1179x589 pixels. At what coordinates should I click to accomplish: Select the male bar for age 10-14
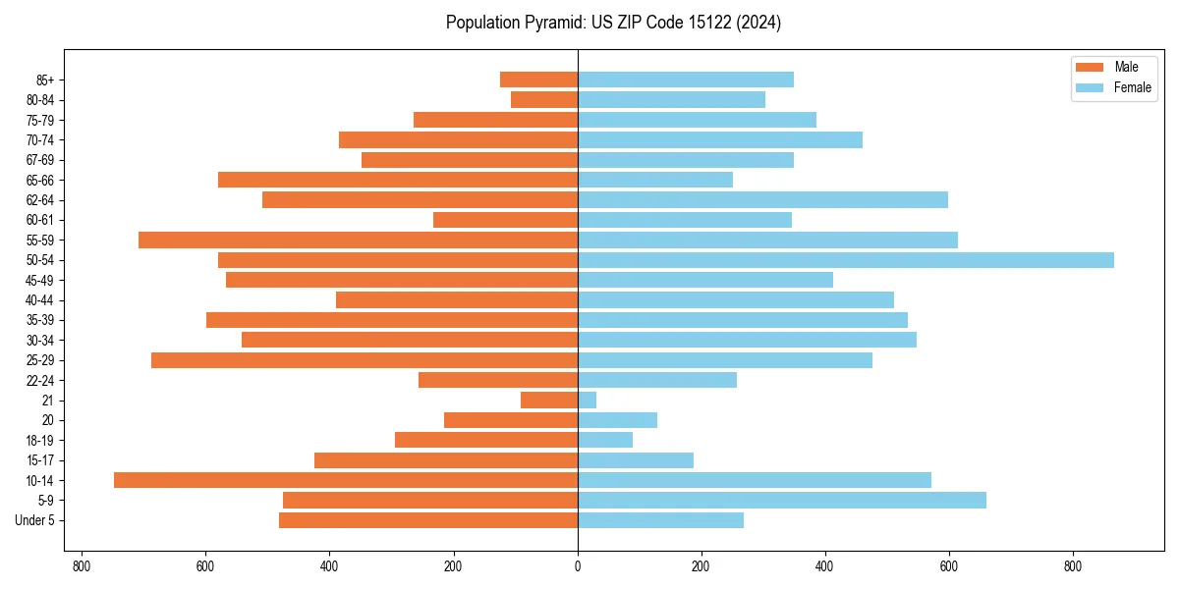pyautogui.click(x=346, y=480)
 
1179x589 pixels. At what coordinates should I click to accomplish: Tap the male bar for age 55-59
pyautogui.click(x=358, y=240)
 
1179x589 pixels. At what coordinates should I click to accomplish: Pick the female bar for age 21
pyautogui.click(x=587, y=401)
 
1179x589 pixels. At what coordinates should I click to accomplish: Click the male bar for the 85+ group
pyautogui.click(x=538, y=80)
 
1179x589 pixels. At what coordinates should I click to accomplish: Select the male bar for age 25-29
pyautogui.click(x=365, y=360)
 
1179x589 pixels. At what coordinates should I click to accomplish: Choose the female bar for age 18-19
pyautogui.click(x=605, y=440)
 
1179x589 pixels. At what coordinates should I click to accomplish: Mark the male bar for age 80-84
pyautogui.click(x=544, y=100)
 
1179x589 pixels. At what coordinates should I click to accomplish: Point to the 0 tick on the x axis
pyautogui.click(x=578, y=566)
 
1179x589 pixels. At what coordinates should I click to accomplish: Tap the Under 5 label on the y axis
pyautogui.click(x=35, y=520)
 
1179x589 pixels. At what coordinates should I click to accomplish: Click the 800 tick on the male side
pyautogui.click(x=82, y=566)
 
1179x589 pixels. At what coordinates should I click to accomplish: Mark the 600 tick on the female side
pyautogui.click(x=949, y=566)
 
